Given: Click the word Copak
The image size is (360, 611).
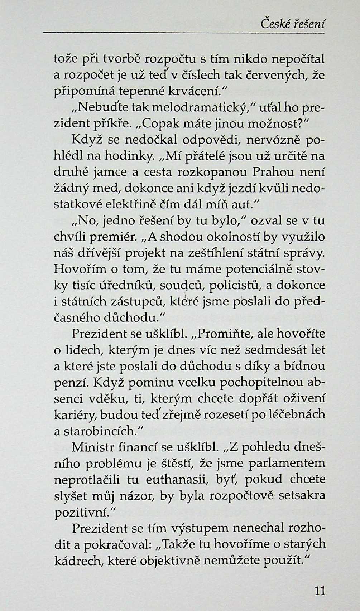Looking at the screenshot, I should pyautogui.click(x=160, y=123).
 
